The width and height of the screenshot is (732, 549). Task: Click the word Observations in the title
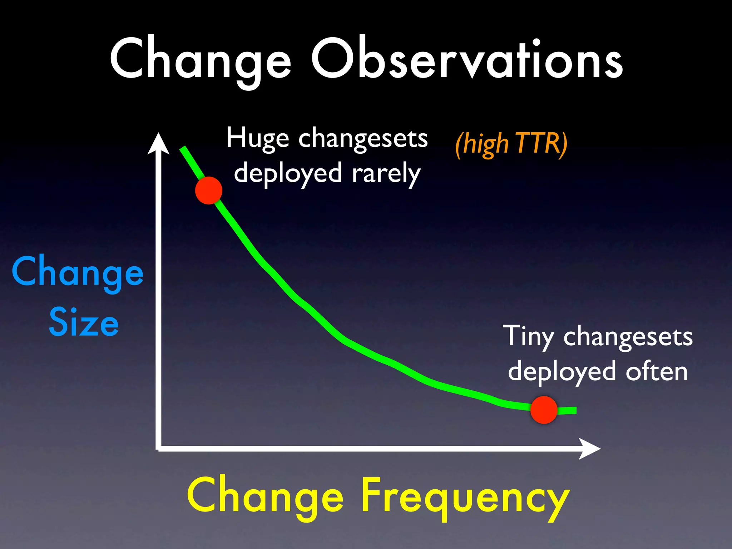coord(467,59)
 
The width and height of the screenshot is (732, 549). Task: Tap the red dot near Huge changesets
coord(209,191)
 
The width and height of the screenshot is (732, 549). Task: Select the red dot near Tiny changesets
coord(544,410)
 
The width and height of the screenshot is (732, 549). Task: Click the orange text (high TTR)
coord(511,144)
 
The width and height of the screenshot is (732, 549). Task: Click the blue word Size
coord(84,323)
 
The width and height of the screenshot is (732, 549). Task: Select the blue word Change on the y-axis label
coord(78,272)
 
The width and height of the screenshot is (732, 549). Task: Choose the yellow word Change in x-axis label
coord(265,497)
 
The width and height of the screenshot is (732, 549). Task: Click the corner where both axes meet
coord(158,448)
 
